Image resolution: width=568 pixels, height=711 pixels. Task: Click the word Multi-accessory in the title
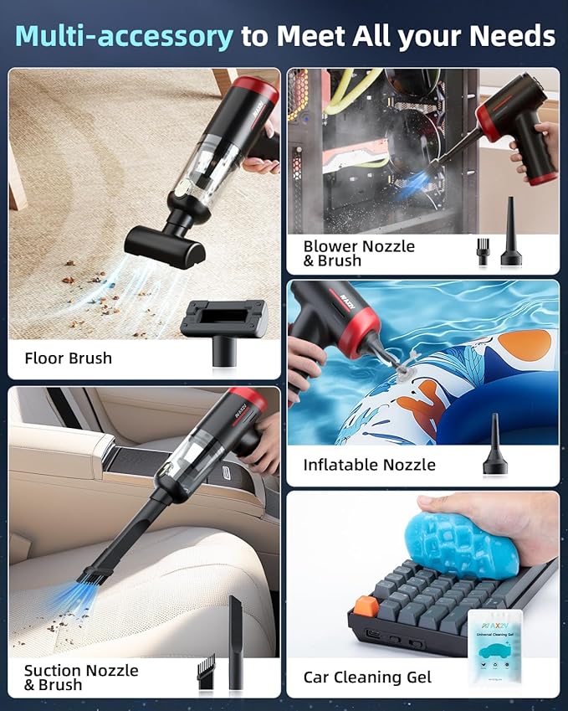(124, 36)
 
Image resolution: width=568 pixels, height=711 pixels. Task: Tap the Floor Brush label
(68, 358)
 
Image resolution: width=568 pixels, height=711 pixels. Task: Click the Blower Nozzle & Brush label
(359, 253)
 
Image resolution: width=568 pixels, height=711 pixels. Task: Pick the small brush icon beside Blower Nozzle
(482, 250)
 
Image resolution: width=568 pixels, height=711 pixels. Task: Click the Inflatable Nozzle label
(369, 465)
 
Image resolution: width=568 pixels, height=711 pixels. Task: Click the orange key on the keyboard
(363, 605)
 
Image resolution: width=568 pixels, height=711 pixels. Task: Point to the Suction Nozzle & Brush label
(81, 678)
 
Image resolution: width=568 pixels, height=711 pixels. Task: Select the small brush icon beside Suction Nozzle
(205, 671)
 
